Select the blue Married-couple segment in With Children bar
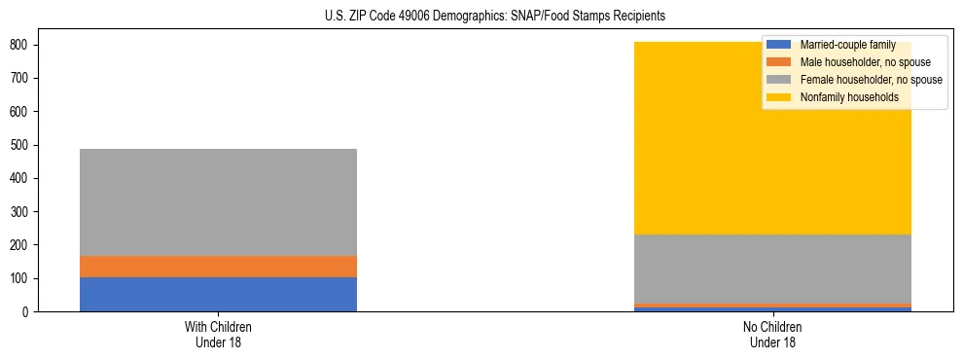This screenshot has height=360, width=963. click(218, 294)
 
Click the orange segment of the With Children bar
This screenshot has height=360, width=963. click(218, 267)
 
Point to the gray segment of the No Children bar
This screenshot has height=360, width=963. click(772, 269)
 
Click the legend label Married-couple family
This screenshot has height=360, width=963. click(847, 46)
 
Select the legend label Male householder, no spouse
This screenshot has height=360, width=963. click(865, 62)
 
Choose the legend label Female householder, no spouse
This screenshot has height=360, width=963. click(871, 80)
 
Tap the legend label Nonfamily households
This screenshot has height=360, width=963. click(849, 97)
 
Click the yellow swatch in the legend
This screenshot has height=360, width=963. click(779, 97)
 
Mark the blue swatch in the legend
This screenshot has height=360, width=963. click(779, 46)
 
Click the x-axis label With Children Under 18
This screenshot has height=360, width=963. click(218, 334)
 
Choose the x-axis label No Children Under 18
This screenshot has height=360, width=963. click(772, 334)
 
